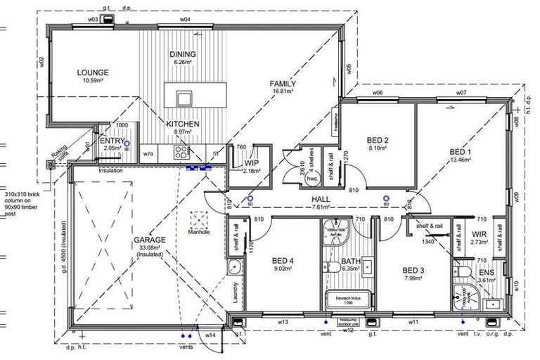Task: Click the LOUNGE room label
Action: click(x=92, y=72)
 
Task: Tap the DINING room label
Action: click(x=182, y=54)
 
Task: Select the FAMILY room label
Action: click(x=283, y=84)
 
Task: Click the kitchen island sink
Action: click(x=184, y=96)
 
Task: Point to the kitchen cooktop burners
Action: click(x=181, y=151)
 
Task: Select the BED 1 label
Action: click(x=459, y=152)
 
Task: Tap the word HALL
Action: click(x=321, y=200)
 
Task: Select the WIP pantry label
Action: click(x=252, y=162)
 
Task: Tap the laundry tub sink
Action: click(x=233, y=267)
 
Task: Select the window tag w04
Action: click(x=185, y=20)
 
